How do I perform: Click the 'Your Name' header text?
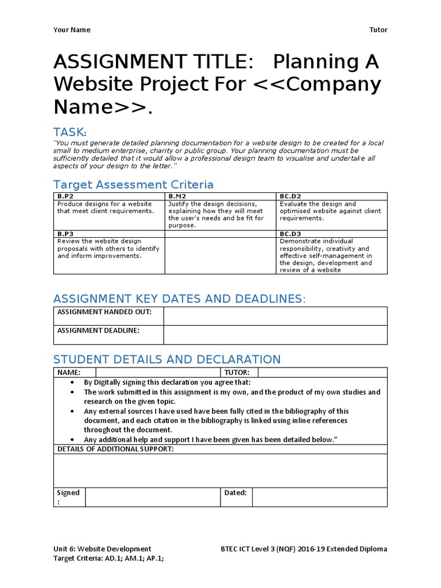click(72, 30)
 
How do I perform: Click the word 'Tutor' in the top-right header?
click(378, 30)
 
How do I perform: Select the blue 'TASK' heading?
click(68, 132)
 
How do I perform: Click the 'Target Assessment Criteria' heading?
click(133, 184)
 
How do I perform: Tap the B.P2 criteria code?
click(65, 196)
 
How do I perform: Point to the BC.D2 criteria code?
click(290, 196)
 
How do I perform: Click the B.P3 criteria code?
click(65, 234)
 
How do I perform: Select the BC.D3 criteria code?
click(290, 234)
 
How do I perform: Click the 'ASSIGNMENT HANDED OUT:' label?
click(103, 312)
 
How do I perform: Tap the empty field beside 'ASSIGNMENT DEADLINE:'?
click(275, 335)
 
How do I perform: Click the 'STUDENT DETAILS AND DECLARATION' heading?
click(167, 359)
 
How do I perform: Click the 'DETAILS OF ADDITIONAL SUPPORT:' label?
click(115, 448)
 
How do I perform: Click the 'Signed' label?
click(68, 493)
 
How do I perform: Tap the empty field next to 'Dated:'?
click(319, 497)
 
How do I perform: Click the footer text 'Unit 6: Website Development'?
click(102, 549)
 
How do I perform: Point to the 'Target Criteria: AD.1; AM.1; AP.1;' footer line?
click(112, 558)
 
